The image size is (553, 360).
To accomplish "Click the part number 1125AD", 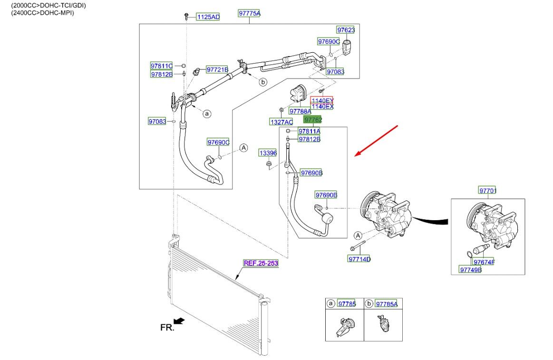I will [x=208, y=17].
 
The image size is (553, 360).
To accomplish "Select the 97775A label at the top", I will [x=249, y=14].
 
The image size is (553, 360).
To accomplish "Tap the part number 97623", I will [x=346, y=30].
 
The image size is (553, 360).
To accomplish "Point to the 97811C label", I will [x=161, y=66].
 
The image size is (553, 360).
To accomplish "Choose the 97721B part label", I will [x=217, y=70].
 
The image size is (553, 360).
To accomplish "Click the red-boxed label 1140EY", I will [x=322, y=100].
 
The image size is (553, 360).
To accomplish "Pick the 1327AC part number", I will [x=281, y=122].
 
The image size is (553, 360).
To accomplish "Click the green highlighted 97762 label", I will [x=313, y=120].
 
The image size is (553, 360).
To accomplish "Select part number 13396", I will [x=268, y=153].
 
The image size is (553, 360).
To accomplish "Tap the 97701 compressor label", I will [x=487, y=191].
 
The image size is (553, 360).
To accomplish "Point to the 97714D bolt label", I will [x=359, y=259].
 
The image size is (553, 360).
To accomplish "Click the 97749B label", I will [x=470, y=270].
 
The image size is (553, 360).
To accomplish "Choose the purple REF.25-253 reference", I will [x=261, y=263].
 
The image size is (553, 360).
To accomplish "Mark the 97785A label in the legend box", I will [x=386, y=304].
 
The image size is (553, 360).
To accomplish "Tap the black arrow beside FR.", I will [x=179, y=321].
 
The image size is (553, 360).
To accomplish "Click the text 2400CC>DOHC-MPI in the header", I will [x=43, y=13].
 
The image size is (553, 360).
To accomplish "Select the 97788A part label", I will [x=300, y=111].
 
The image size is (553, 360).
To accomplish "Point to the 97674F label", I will [x=484, y=262].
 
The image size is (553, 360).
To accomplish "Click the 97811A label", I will [x=309, y=131].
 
